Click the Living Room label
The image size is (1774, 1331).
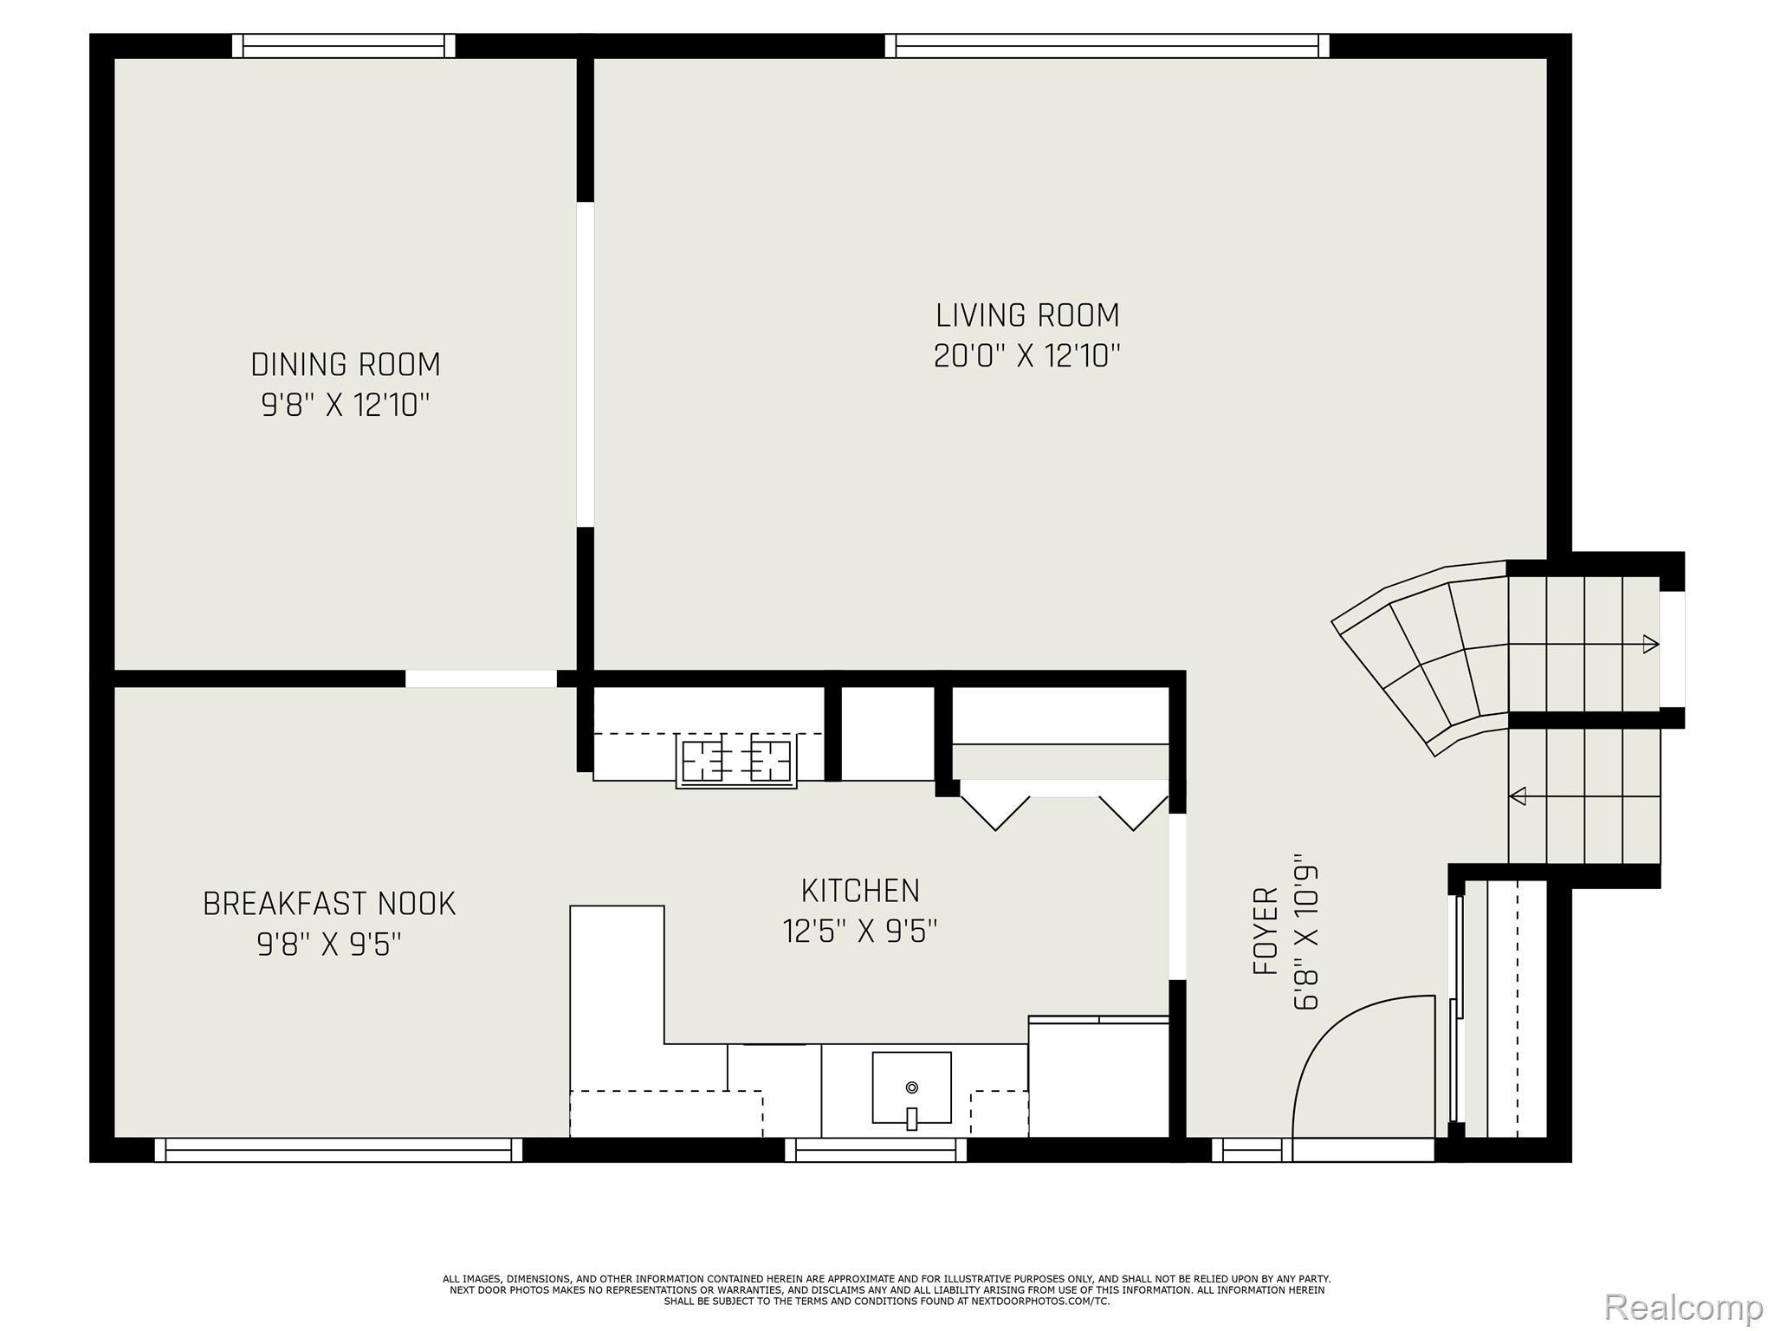click(x=1027, y=315)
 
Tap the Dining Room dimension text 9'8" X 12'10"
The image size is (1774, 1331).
click(x=346, y=405)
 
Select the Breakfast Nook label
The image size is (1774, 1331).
click(x=329, y=904)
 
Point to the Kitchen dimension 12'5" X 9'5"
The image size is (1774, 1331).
click(x=860, y=932)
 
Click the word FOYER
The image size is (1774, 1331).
click(x=1266, y=931)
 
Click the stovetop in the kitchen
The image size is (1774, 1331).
click(x=736, y=762)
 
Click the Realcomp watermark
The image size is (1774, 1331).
click(x=1683, y=1306)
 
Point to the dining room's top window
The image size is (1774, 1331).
click(x=344, y=46)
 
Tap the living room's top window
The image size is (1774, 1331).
click(x=1107, y=46)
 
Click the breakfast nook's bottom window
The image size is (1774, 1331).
click(x=339, y=1149)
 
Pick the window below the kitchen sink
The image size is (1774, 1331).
click(x=876, y=1149)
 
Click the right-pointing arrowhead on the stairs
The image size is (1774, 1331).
click(x=1651, y=644)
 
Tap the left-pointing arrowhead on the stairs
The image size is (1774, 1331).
click(x=1518, y=795)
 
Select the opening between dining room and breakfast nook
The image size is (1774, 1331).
click(x=481, y=678)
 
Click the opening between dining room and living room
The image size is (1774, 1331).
click(x=586, y=364)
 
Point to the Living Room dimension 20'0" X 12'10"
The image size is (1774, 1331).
click(x=1027, y=356)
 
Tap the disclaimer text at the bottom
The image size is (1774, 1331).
click(x=887, y=1290)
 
